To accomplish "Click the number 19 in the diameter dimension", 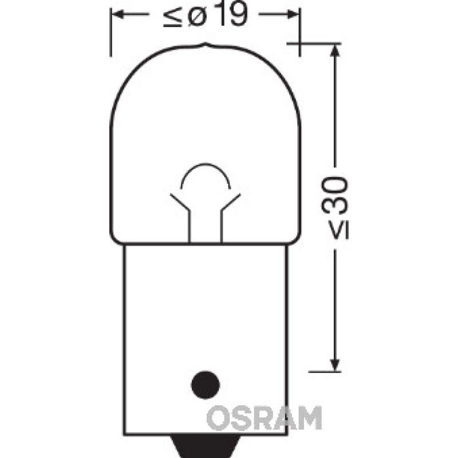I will [227, 17].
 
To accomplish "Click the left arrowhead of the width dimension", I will [115, 15].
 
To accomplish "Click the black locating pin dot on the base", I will [205, 382].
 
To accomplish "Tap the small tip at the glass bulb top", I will [204, 45].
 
